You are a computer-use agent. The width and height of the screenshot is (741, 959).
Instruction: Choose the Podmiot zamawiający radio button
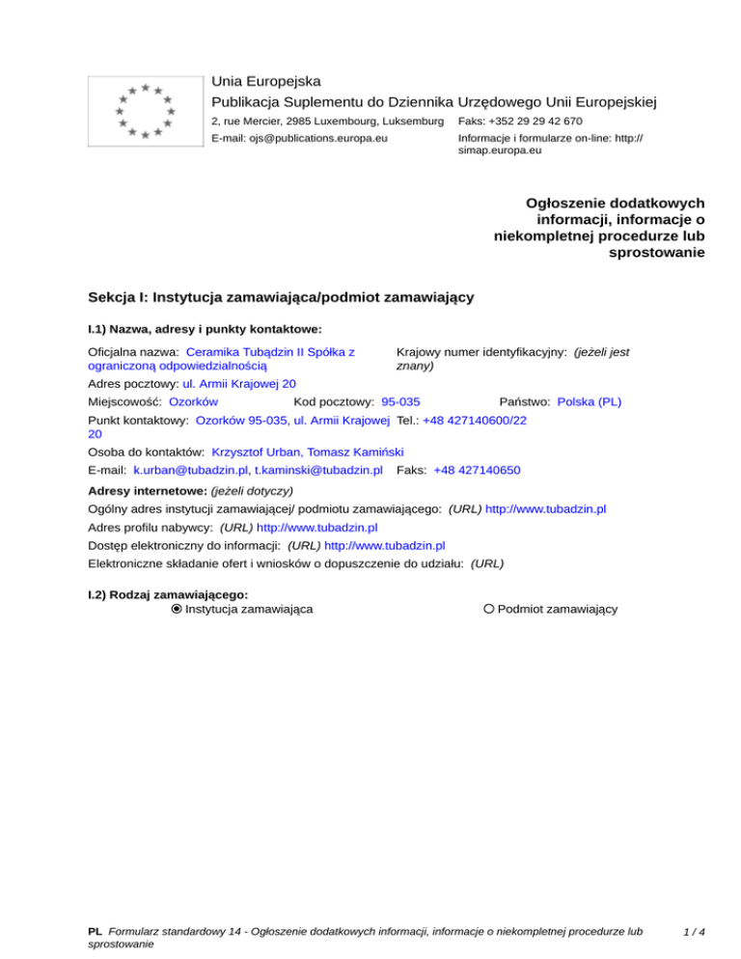489,609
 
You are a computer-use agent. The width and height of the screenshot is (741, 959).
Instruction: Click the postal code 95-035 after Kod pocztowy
400,400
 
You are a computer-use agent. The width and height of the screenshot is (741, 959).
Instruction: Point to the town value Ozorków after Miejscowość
193,400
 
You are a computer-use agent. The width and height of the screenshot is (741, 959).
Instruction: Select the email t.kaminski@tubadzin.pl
318,470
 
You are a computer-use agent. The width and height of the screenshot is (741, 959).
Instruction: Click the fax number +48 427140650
478,470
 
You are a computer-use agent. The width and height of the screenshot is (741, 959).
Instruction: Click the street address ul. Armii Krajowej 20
238,383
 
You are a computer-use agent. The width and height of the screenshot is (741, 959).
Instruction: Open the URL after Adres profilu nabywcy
316,528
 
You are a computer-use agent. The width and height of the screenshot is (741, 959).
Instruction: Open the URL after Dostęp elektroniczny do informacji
384,545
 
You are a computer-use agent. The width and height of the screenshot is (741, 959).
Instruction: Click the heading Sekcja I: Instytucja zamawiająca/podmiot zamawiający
280,298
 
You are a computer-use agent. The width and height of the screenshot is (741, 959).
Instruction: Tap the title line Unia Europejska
266,81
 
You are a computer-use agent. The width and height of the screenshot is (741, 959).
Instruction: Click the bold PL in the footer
95,932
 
